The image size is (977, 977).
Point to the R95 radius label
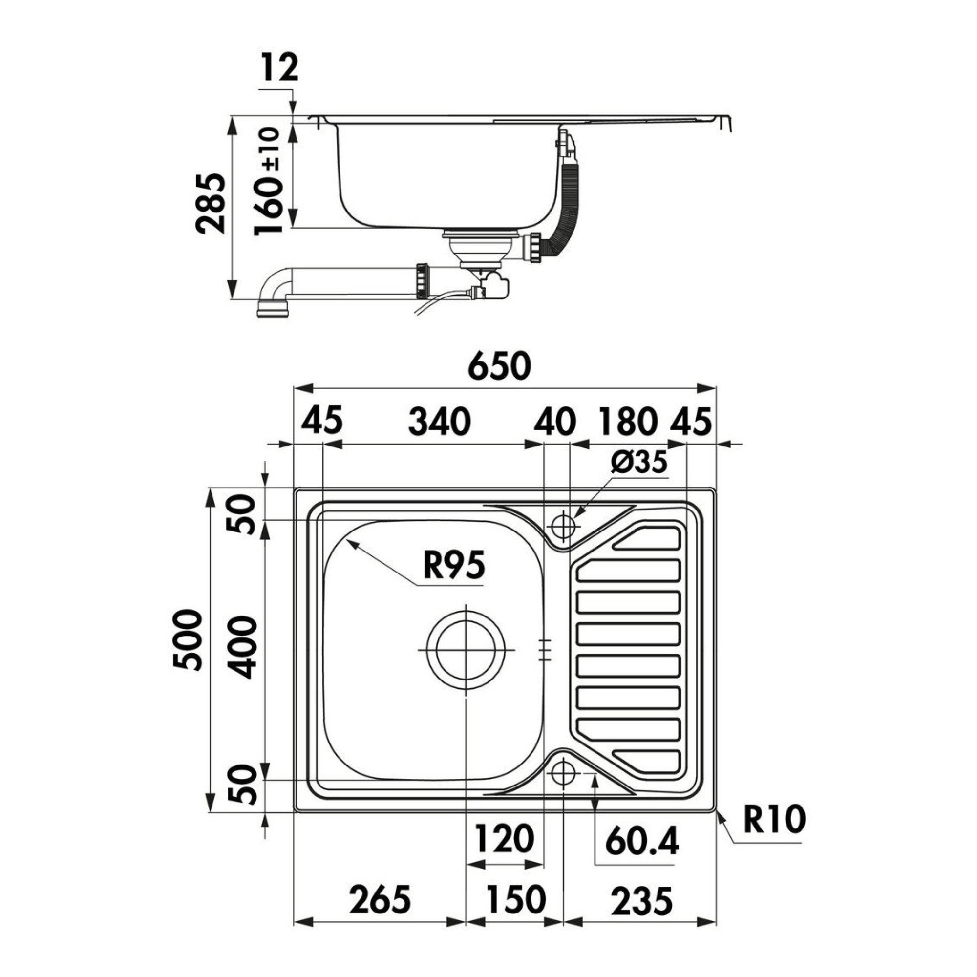(454, 565)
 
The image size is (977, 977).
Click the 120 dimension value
(505, 838)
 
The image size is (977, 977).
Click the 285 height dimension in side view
(210, 203)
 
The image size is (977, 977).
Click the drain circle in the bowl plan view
(465, 650)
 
